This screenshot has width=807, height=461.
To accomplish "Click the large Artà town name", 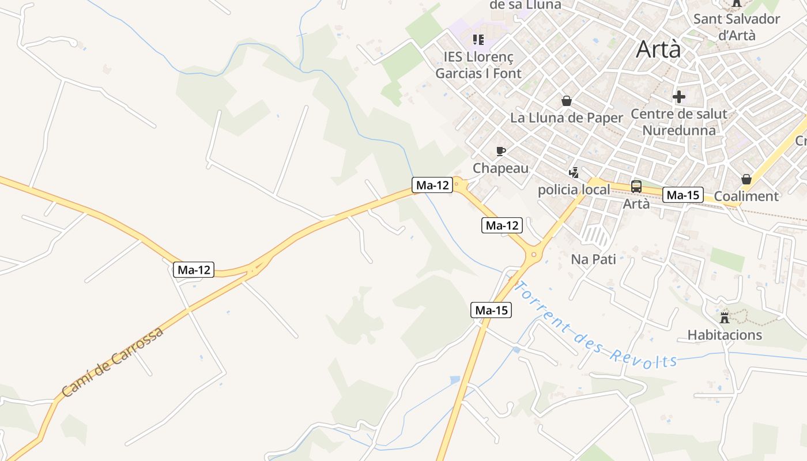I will [x=658, y=50].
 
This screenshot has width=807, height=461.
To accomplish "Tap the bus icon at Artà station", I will [x=636, y=186].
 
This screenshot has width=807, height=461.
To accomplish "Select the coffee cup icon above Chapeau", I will [x=501, y=152].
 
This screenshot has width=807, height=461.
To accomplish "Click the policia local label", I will [x=574, y=190].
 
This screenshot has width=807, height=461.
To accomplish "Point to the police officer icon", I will [x=574, y=172].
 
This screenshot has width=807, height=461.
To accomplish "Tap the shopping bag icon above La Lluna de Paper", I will [x=567, y=101].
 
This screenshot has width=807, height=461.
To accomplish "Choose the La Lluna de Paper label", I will [x=567, y=118].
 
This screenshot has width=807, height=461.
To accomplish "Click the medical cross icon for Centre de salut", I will [x=679, y=97].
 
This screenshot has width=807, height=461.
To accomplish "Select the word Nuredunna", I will [x=679, y=130].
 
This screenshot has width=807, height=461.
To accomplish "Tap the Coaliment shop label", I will [x=746, y=197].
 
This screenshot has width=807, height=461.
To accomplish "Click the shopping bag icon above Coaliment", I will [x=746, y=179].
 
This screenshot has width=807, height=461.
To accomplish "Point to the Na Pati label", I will [x=593, y=259].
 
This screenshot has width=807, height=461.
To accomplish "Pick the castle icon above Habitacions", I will [x=725, y=318].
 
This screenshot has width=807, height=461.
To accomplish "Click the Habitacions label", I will [x=725, y=335].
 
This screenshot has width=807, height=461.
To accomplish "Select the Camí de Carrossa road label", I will [x=112, y=362].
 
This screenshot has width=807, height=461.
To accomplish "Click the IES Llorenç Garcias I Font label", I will [x=478, y=65].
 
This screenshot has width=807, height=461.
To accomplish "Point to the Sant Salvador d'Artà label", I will [x=737, y=27].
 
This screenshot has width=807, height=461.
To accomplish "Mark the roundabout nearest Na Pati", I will [x=534, y=254].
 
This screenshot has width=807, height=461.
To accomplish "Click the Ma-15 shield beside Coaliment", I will [x=683, y=195].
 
